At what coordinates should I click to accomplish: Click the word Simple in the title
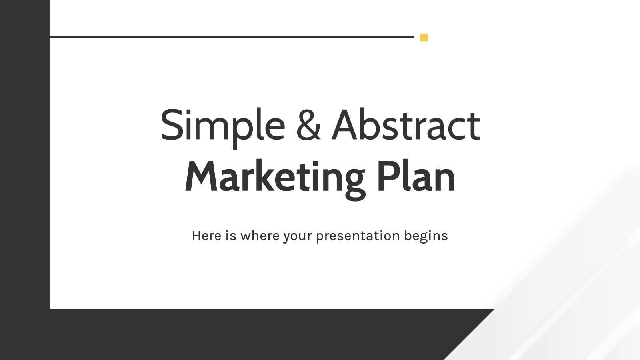222,126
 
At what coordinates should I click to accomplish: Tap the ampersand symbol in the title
308,125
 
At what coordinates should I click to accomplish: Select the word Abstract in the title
406,125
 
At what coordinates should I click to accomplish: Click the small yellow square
424,38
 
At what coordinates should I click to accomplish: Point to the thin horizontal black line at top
232,37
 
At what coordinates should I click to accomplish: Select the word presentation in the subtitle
358,236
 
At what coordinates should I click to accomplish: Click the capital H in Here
196,236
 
